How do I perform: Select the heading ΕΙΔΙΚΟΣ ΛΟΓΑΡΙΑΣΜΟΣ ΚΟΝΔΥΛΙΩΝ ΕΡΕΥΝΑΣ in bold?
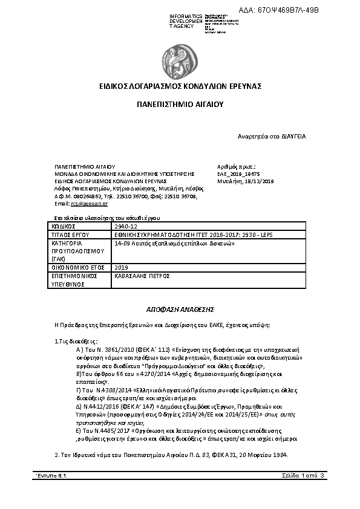(x=180, y=86)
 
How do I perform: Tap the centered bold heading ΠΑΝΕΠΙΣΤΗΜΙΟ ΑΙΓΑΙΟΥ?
(x=180, y=105)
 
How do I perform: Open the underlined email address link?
(x=80, y=204)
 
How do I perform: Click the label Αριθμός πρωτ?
(x=236, y=166)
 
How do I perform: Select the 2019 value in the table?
(x=122, y=266)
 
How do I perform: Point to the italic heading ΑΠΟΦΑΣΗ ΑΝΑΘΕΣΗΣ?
(x=181, y=307)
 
